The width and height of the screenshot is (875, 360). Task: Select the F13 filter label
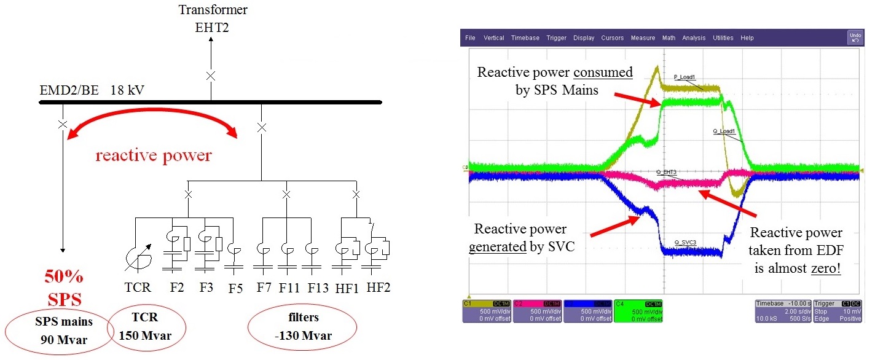pyautogui.click(x=318, y=287)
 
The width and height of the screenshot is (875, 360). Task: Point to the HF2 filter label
pyautogui.click(x=379, y=287)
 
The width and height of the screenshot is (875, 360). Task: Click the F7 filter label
pyautogui.click(x=265, y=287)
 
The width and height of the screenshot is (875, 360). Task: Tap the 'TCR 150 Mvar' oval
pyautogui.click(x=145, y=326)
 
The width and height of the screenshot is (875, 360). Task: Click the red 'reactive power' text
pyautogui.click(x=153, y=155)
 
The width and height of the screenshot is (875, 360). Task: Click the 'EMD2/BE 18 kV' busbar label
pyautogui.click(x=92, y=91)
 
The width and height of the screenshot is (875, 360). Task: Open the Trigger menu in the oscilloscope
pyautogui.click(x=556, y=38)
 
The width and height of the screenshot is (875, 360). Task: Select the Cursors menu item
pyautogui.click(x=612, y=38)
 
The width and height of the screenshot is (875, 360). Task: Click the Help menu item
pyautogui.click(x=747, y=38)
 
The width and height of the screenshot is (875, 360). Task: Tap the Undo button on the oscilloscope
pyautogui.click(x=855, y=37)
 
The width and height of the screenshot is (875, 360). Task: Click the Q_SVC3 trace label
pyautogui.click(x=685, y=243)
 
